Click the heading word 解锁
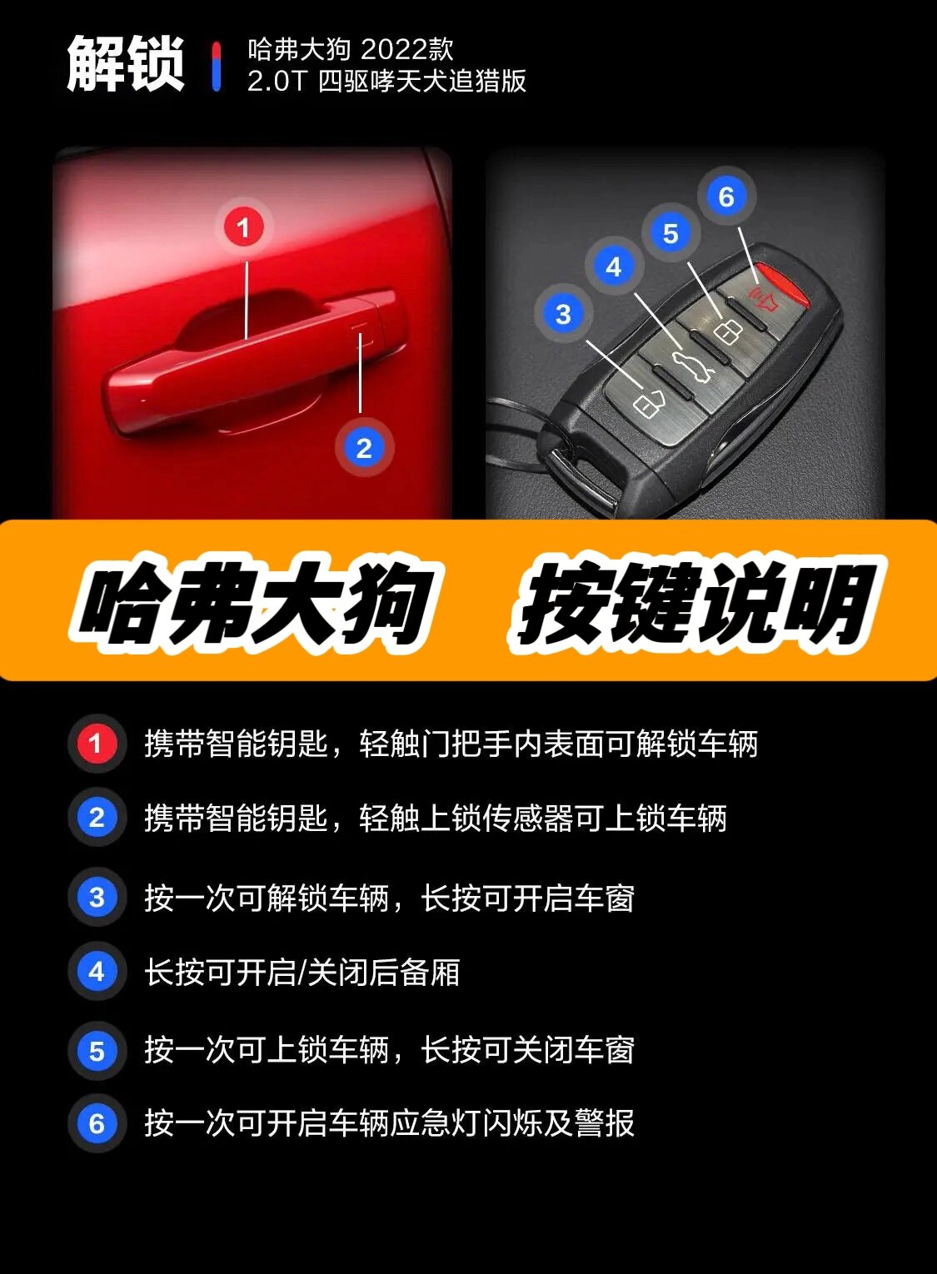point(125,64)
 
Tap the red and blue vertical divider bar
point(217,66)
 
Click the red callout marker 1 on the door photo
point(243,226)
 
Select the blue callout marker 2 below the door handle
point(363,448)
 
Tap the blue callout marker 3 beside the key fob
point(563,314)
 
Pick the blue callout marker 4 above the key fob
point(614,266)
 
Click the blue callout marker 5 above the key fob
point(670,234)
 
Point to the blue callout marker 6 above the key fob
point(726,197)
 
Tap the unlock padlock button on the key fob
point(649,403)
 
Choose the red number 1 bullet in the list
point(97,743)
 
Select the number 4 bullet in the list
point(97,971)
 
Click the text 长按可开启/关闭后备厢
point(302,972)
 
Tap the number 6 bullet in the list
point(97,1123)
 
